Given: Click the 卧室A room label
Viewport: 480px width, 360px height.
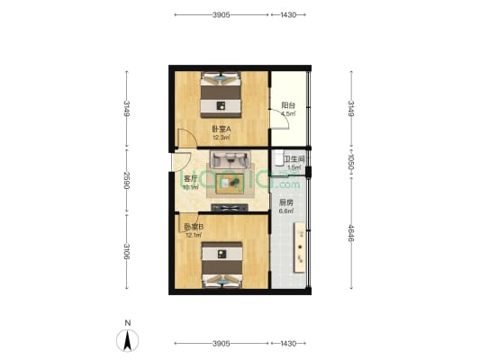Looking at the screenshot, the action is [x=222, y=129].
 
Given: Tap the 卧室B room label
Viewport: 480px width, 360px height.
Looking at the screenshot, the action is [x=194, y=228].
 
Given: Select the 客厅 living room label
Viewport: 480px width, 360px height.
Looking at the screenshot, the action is [x=190, y=178].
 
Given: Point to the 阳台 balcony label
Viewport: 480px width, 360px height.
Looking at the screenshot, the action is [x=288, y=105].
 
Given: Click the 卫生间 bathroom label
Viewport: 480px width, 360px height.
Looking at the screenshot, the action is [x=294, y=159].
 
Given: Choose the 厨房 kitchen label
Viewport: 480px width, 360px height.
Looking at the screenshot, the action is [x=286, y=202].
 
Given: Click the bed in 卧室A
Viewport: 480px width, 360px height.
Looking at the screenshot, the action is [x=221, y=94].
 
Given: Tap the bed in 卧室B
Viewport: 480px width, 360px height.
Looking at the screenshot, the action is [x=222, y=265].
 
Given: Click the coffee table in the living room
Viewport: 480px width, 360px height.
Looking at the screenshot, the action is [x=230, y=184].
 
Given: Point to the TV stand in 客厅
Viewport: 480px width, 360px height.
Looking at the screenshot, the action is [x=230, y=208].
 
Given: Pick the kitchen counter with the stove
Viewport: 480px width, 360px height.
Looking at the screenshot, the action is [x=300, y=247].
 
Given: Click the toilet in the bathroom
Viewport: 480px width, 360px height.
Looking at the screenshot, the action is [x=278, y=157].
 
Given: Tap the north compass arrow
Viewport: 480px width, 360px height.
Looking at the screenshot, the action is [x=127, y=341].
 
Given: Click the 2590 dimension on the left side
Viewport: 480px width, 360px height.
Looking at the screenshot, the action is [x=126, y=180].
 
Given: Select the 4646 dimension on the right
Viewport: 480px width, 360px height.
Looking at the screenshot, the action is [x=351, y=233].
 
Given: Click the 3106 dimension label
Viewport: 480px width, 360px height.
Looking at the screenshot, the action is [x=126, y=251].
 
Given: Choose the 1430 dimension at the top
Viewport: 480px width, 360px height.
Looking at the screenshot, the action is [x=288, y=14].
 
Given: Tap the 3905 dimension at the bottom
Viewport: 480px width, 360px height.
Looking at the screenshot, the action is [x=222, y=344].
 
